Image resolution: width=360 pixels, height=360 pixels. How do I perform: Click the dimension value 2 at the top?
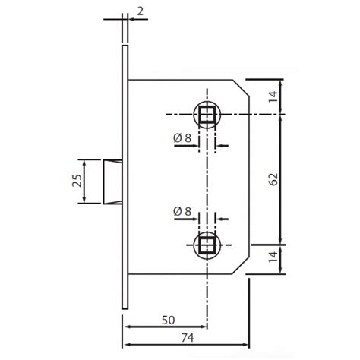(x=141, y=11)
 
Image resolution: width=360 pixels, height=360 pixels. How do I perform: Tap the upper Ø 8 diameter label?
(x=182, y=139)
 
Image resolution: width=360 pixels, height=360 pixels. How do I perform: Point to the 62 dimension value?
(x=274, y=179)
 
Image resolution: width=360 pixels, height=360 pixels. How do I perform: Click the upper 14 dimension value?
(x=274, y=96)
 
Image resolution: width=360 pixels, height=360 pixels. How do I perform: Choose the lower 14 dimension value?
(x=274, y=259)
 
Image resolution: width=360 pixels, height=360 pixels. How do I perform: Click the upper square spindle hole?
(x=206, y=115)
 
